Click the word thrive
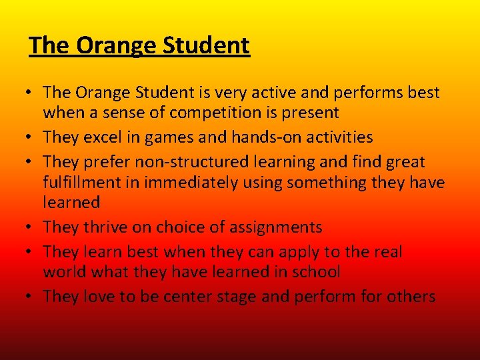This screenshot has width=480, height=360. pyautogui.click(x=105, y=227)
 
